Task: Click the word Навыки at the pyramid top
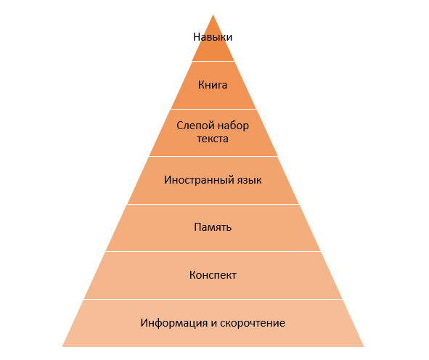point(213,37)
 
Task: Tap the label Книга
point(213,85)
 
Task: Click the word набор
point(233,126)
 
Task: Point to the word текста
point(213,139)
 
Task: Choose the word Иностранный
point(195,180)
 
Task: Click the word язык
point(245,180)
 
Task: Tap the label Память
point(213,227)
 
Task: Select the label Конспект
point(213,275)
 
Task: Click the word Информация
point(174,323)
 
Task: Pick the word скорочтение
point(253,323)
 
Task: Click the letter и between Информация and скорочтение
point(213,324)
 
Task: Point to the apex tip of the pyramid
point(213,15)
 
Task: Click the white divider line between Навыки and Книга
point(213,61)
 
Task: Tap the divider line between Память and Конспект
point(213,251)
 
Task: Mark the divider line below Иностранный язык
point(213,204)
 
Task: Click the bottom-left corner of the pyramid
point(62,347)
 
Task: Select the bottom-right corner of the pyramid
point(364,347)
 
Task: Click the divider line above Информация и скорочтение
point(213,299)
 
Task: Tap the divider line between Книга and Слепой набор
point(213,109)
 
